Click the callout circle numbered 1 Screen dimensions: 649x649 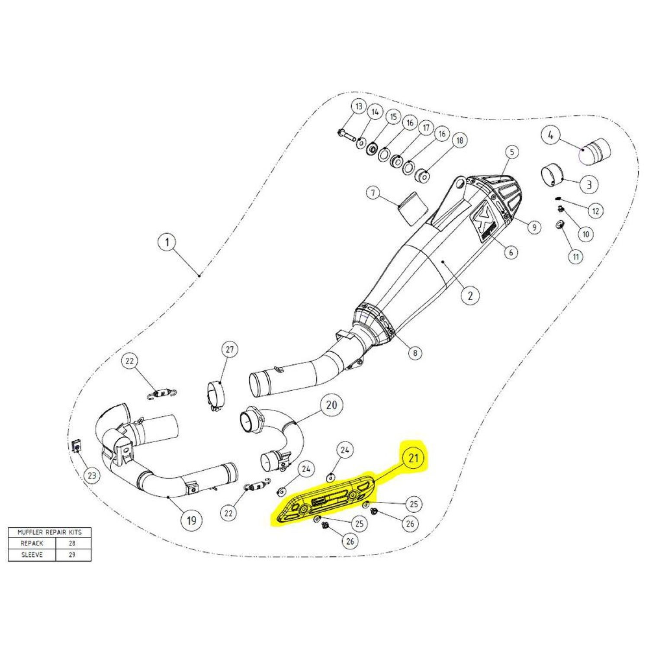pos(167,242)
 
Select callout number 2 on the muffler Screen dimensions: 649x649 pos(470,296)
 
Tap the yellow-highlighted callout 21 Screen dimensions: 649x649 pos(414,457)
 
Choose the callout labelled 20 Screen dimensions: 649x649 pos(331,405)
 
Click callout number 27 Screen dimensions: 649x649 pos(229,349)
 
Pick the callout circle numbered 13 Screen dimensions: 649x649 pos(358,106)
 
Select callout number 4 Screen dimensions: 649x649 pos(550,135)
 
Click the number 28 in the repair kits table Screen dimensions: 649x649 pos(72,543)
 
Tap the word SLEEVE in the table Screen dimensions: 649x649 pos(32,555)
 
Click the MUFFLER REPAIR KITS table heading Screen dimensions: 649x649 pos(49,532)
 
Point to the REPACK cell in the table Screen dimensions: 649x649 pos(32,543)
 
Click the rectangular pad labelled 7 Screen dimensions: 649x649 pos(412,208)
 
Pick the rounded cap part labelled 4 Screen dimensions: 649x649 pos(595,151)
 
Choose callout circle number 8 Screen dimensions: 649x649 pos(415,353)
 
